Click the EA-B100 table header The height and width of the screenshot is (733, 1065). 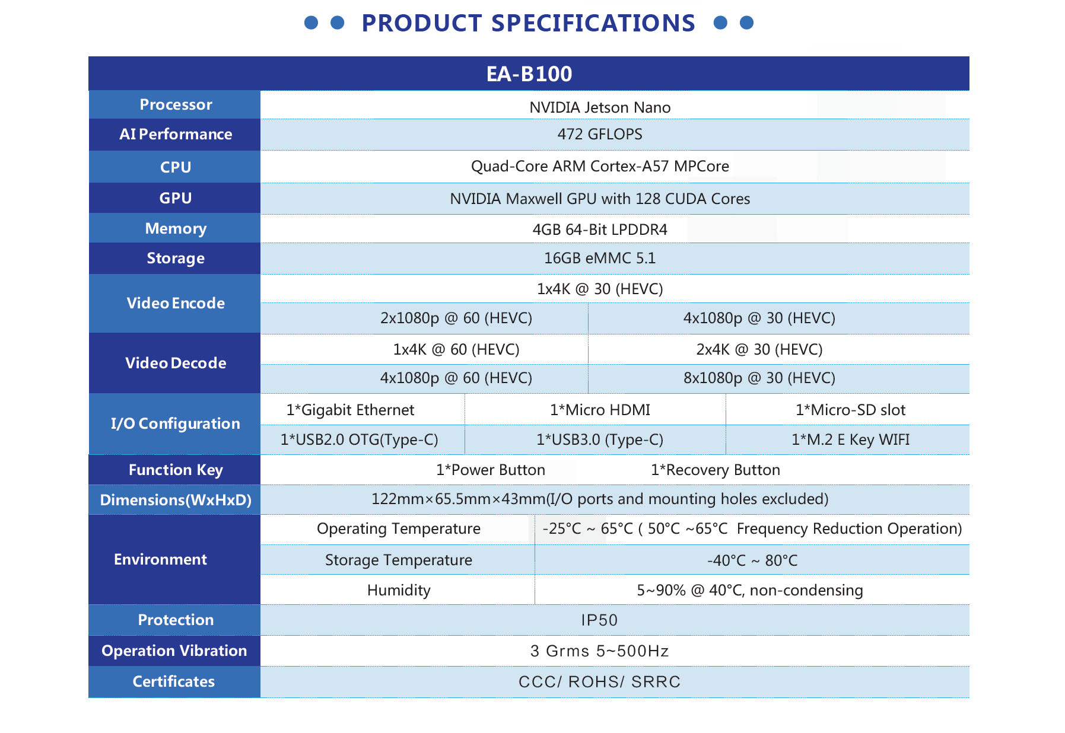click(529, 74)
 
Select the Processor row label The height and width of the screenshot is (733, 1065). click(176, 105)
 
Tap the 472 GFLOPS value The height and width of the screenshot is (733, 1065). click(599, 134)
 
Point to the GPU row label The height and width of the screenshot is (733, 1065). click(176, 198)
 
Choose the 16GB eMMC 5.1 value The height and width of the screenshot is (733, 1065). click(600, 258)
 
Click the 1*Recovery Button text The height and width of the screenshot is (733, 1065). click(716, 470)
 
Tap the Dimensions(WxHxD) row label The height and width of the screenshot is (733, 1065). click(176, 500)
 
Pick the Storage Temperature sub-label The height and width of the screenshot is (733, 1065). click(399, 560)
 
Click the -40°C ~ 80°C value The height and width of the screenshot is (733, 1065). click(752, 560)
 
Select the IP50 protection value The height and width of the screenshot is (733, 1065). click(599, 620)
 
